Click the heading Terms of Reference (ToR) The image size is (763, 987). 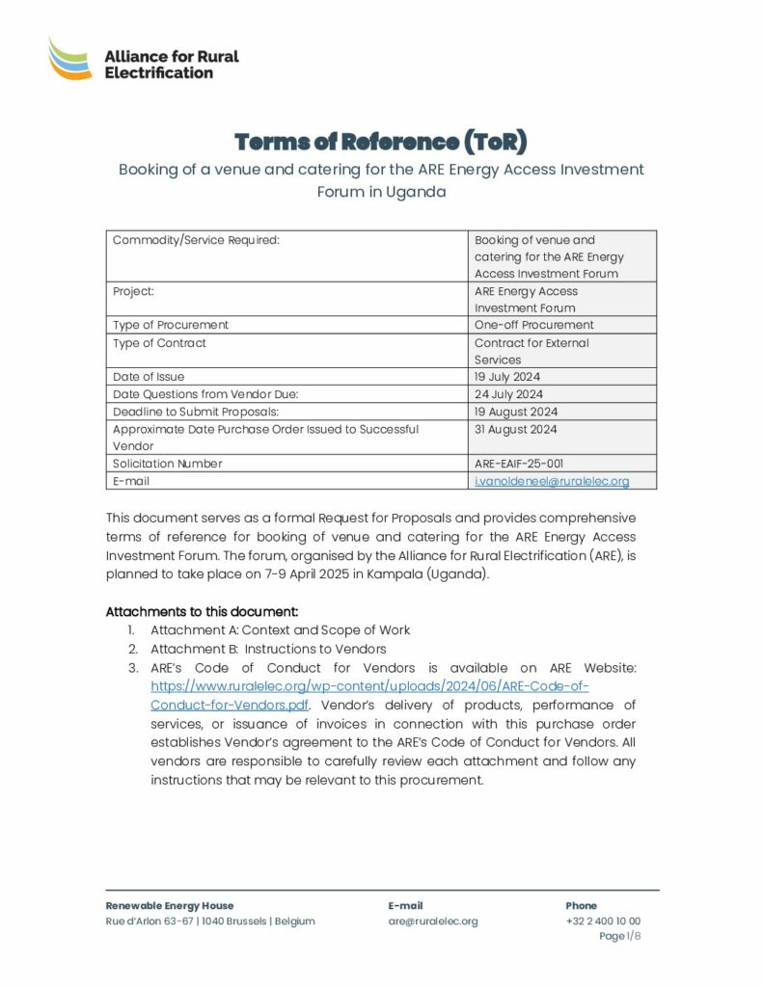pos(381,143)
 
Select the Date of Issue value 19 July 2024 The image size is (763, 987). pos(507,377)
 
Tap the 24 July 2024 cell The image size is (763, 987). pos(508,394)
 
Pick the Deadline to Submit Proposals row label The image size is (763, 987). pos(196,412)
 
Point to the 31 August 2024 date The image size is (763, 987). pos(515,430)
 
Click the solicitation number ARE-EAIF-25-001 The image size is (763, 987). pos(526,464)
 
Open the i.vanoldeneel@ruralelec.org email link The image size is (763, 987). pos(552,481)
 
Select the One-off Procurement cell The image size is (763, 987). pos(533,326)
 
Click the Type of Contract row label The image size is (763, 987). pos(159,343)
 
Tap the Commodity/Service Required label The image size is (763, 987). pos(196,240)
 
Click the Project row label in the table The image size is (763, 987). pos(133,291)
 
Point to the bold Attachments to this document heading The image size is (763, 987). pos(202,612)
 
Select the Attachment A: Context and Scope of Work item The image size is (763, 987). pos(280,630)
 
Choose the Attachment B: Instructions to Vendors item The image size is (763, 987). pos(268,649)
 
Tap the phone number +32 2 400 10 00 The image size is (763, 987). pos(603,921)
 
